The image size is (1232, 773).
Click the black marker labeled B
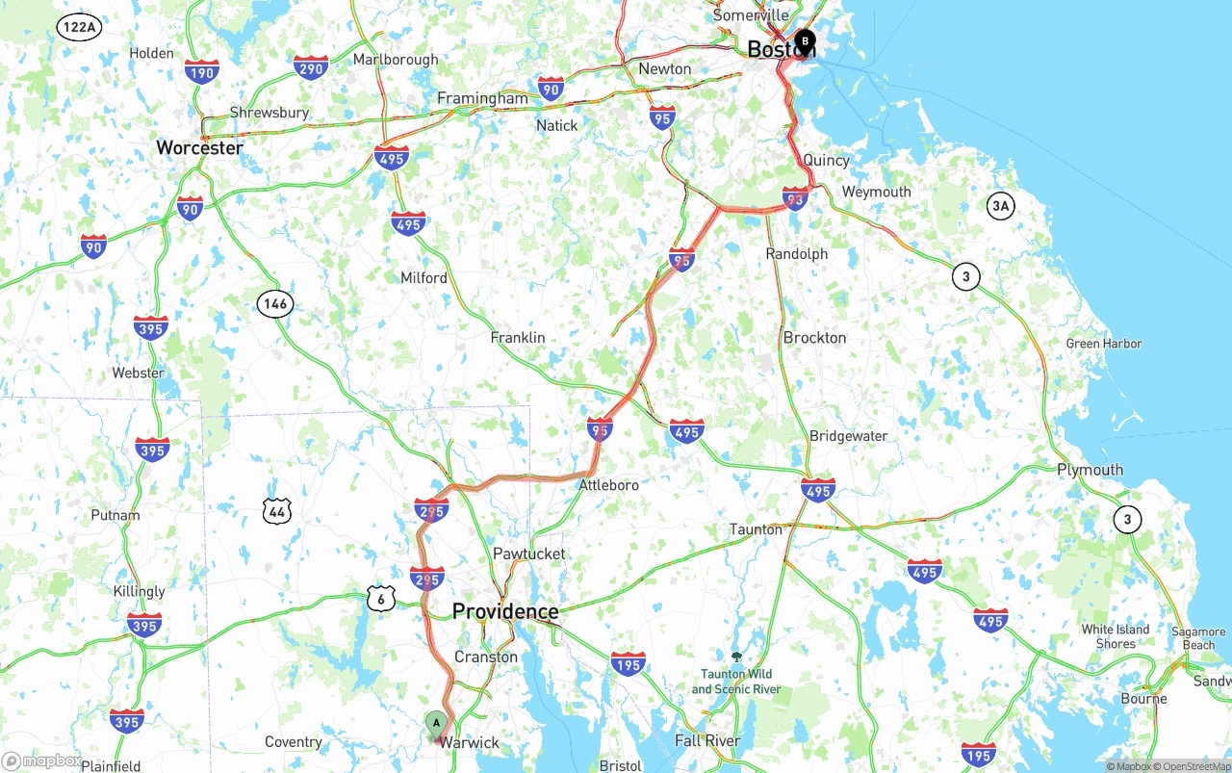click(x=805, y=42)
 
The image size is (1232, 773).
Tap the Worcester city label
click(x=200, y=148)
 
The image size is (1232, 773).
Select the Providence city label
click(x=505, y=611)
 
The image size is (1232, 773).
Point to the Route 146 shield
click(x=274, y=304)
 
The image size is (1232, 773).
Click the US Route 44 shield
click(x=277, y=511)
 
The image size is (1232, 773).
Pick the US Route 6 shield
click(x=381, y=599)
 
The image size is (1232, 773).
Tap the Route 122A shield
click(x=78, y=27)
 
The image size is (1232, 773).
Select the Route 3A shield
click(x=1001, y=205)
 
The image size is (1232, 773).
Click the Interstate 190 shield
click(x=202, y=72)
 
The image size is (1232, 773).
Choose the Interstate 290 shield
click(x=311, y=66)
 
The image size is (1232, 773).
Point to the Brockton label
click(x=814, y=338)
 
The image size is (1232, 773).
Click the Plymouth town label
click(x=1090, y=470)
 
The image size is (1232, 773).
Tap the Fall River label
click(x=707, y=740)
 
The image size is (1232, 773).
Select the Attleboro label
click(x=608, y=485)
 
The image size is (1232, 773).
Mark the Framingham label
click(x=482, y=98)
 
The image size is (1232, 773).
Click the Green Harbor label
click(x=1104, y=344)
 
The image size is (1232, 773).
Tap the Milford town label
click(x=423, y=278)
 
